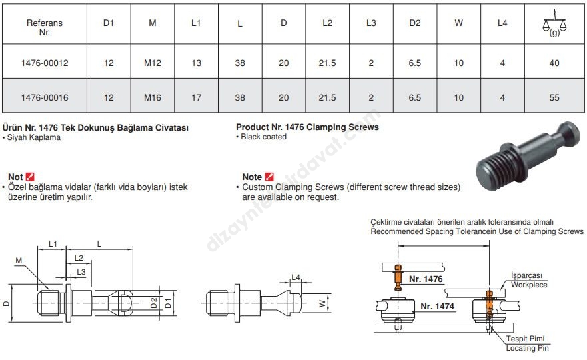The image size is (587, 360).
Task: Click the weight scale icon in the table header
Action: tap(554, 23)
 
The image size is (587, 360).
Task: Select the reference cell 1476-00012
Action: tap(45, 63)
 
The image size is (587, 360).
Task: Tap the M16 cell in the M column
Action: tap(153, 97)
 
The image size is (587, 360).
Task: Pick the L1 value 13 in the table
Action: tap(196, 63)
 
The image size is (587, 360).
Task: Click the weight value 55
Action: tap(554, 97)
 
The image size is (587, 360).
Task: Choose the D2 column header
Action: tap(415, 23)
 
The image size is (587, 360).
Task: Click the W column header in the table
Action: tap(458, 23)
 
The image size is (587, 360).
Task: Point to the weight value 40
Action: tap(554, 63)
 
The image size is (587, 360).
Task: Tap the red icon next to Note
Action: tap(269, 177)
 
